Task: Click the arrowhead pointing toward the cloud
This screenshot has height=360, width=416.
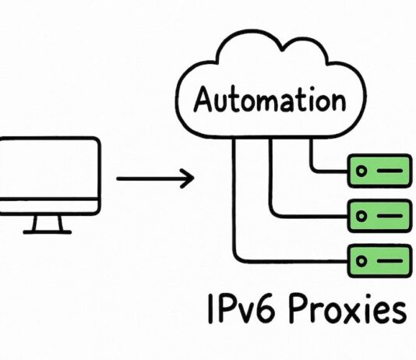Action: [x=187, y=179]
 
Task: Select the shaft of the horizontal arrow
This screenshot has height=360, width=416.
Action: [x=148, y=179]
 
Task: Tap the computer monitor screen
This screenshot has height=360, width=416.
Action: [x=48, y=168]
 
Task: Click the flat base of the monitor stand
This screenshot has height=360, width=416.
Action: [x=48, y=231]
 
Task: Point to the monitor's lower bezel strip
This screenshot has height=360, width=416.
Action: [x=48, y=207]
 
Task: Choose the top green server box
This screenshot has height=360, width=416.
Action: [x=379, y=170]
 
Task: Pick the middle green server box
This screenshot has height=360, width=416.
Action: [x=379, y=213]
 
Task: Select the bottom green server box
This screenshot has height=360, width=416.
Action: [x=379, y=257]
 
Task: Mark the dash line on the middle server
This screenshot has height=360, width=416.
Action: [x=389, y=213]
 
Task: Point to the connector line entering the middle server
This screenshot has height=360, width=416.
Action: [x=312, y=213]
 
